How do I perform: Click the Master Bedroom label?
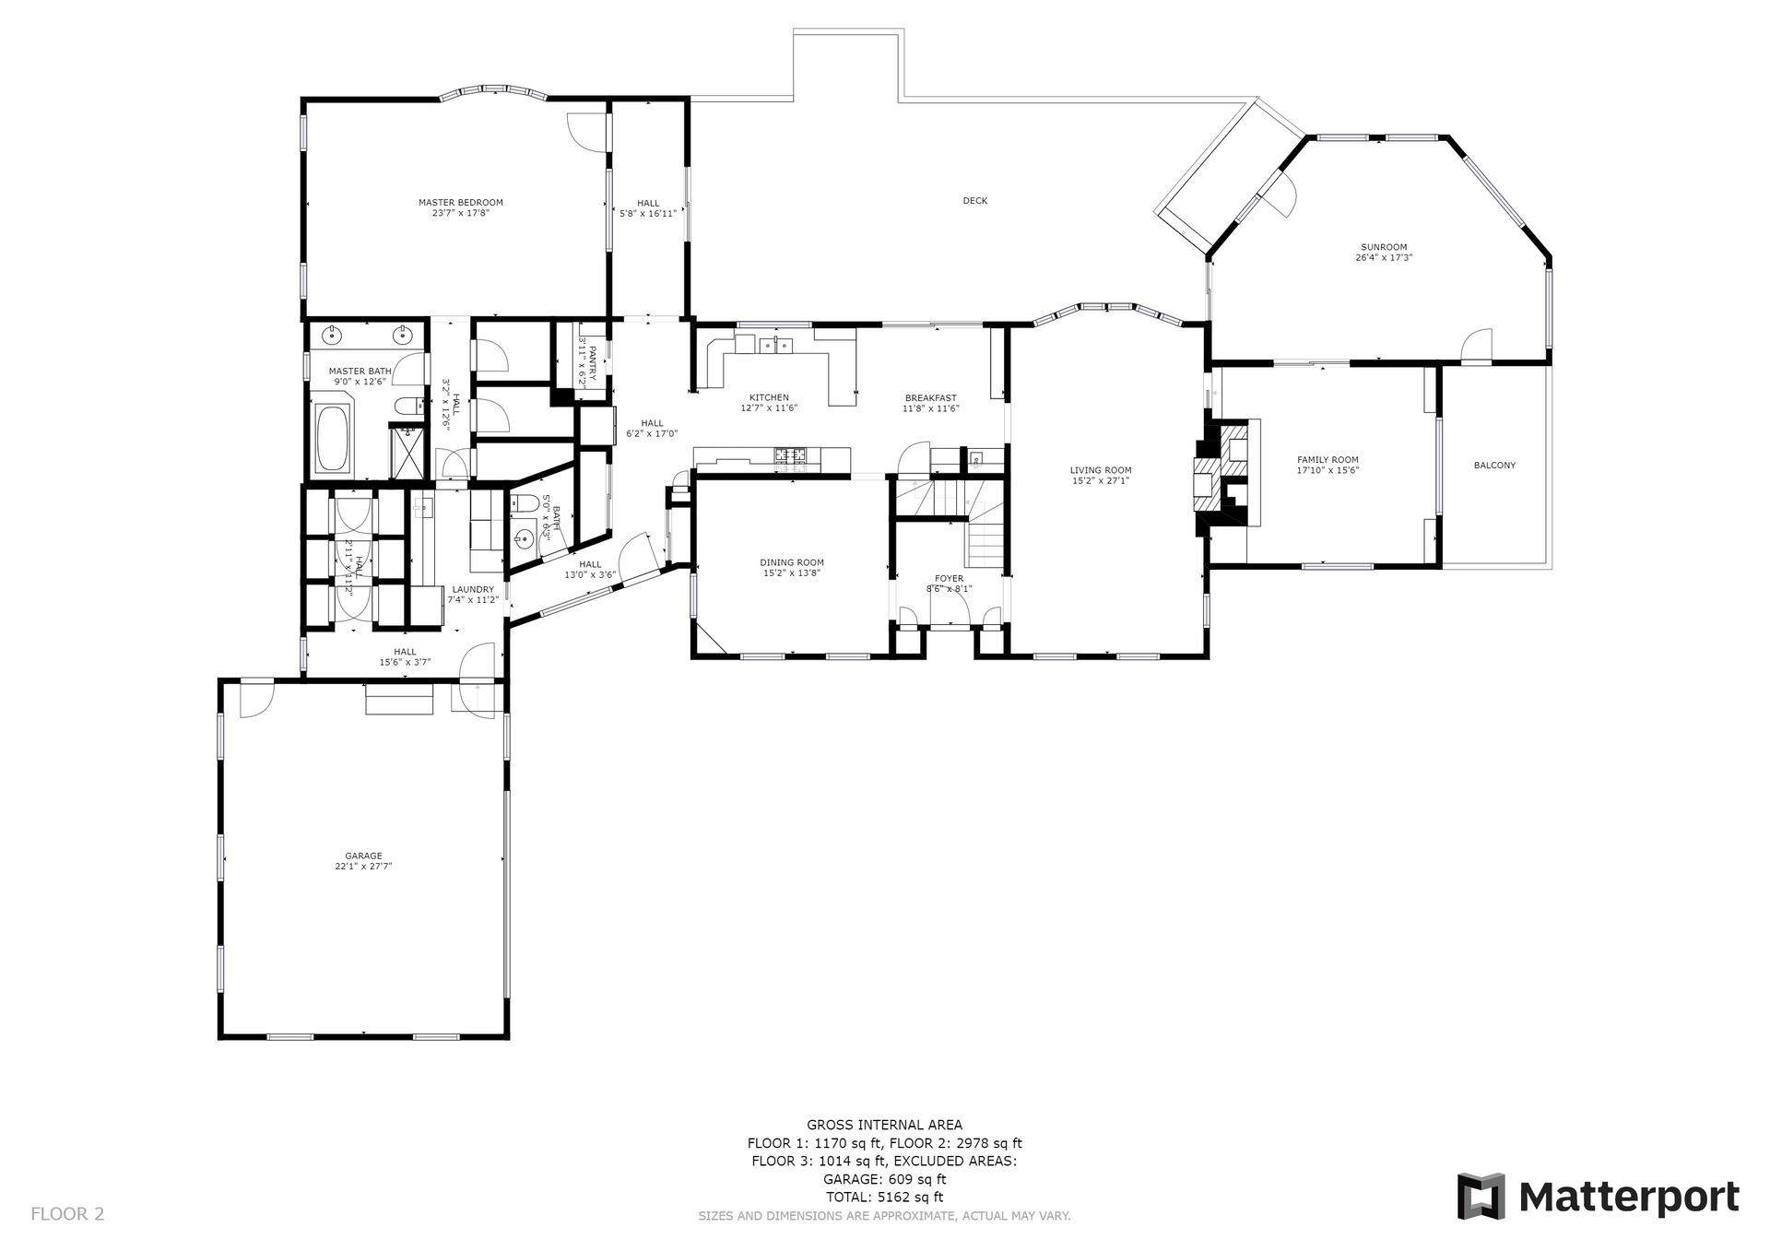[x=460, y=203]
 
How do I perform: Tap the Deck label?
[x=974, y=201]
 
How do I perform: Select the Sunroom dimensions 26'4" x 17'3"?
[x=1384, y=258]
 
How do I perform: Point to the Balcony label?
[x=1493, y=466]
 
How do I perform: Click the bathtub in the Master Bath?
[x=332, y=437]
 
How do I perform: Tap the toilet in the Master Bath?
[x=407, y=407]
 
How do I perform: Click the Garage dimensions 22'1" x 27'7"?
[x=363, y=867]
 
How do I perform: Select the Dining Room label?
[x=791, y=562]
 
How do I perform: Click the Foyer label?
[x=949, y=579]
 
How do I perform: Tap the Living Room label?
[x=1100, y=470]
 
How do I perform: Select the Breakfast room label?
[x=930, y=398]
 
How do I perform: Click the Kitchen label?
[x=768, y=397]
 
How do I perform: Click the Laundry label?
[x=472, y=589]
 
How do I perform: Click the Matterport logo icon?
[x=1481, y=1196]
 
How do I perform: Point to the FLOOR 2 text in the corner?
[x=67, y=1214]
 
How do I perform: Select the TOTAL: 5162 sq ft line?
[x=884, y=1198]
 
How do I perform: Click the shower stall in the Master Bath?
[x=407, y=454]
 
